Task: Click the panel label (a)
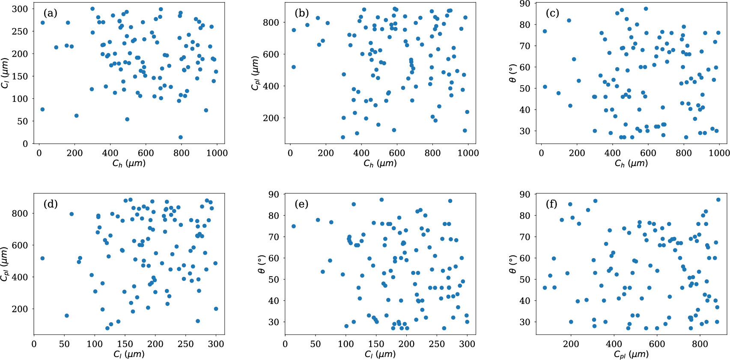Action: (51, 13)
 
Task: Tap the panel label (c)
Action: (552, 13)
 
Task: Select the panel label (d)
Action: (51, 204)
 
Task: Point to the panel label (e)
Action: (301, 204)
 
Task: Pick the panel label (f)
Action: (552, 204)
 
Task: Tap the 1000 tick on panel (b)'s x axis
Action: (468, 153)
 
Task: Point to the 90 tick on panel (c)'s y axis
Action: (524, 4)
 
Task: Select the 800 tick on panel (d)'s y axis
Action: (20, 213)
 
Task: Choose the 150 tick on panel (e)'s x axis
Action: (376, 344)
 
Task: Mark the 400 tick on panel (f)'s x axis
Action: (614, 344)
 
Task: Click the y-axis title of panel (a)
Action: (5, 73)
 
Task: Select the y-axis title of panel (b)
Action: (256, 73)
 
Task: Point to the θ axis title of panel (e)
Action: (262, 264)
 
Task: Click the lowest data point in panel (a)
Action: (180, 137)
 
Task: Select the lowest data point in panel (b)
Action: (343, 137)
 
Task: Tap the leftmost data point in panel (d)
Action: (42, 259)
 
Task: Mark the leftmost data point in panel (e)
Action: (293, 226)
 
